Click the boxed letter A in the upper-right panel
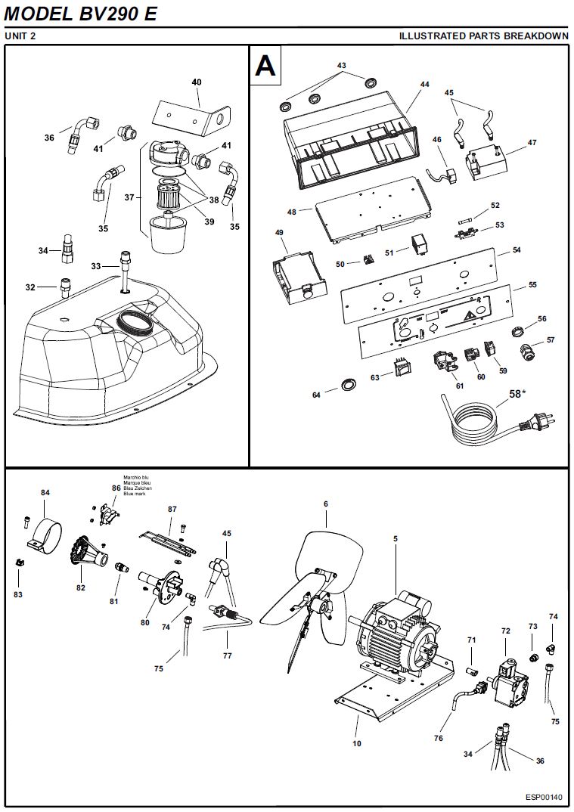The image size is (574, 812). click(265, 65)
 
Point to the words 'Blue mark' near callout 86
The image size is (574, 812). click(135, 494)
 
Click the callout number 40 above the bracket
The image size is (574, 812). click(197, 82)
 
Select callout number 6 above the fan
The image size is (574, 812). click(326, 504)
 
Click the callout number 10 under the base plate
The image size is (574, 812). click(356, 744)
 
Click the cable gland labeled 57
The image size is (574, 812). click(528, 352)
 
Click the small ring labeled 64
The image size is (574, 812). click(348, 384)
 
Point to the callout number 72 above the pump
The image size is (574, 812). click(506, 631)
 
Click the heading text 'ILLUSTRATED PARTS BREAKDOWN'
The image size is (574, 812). click(484, 36)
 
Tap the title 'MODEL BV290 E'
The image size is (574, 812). click(80, 14)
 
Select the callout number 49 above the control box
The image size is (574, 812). click(279, 233)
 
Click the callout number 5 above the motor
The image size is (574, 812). click(396, 538)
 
